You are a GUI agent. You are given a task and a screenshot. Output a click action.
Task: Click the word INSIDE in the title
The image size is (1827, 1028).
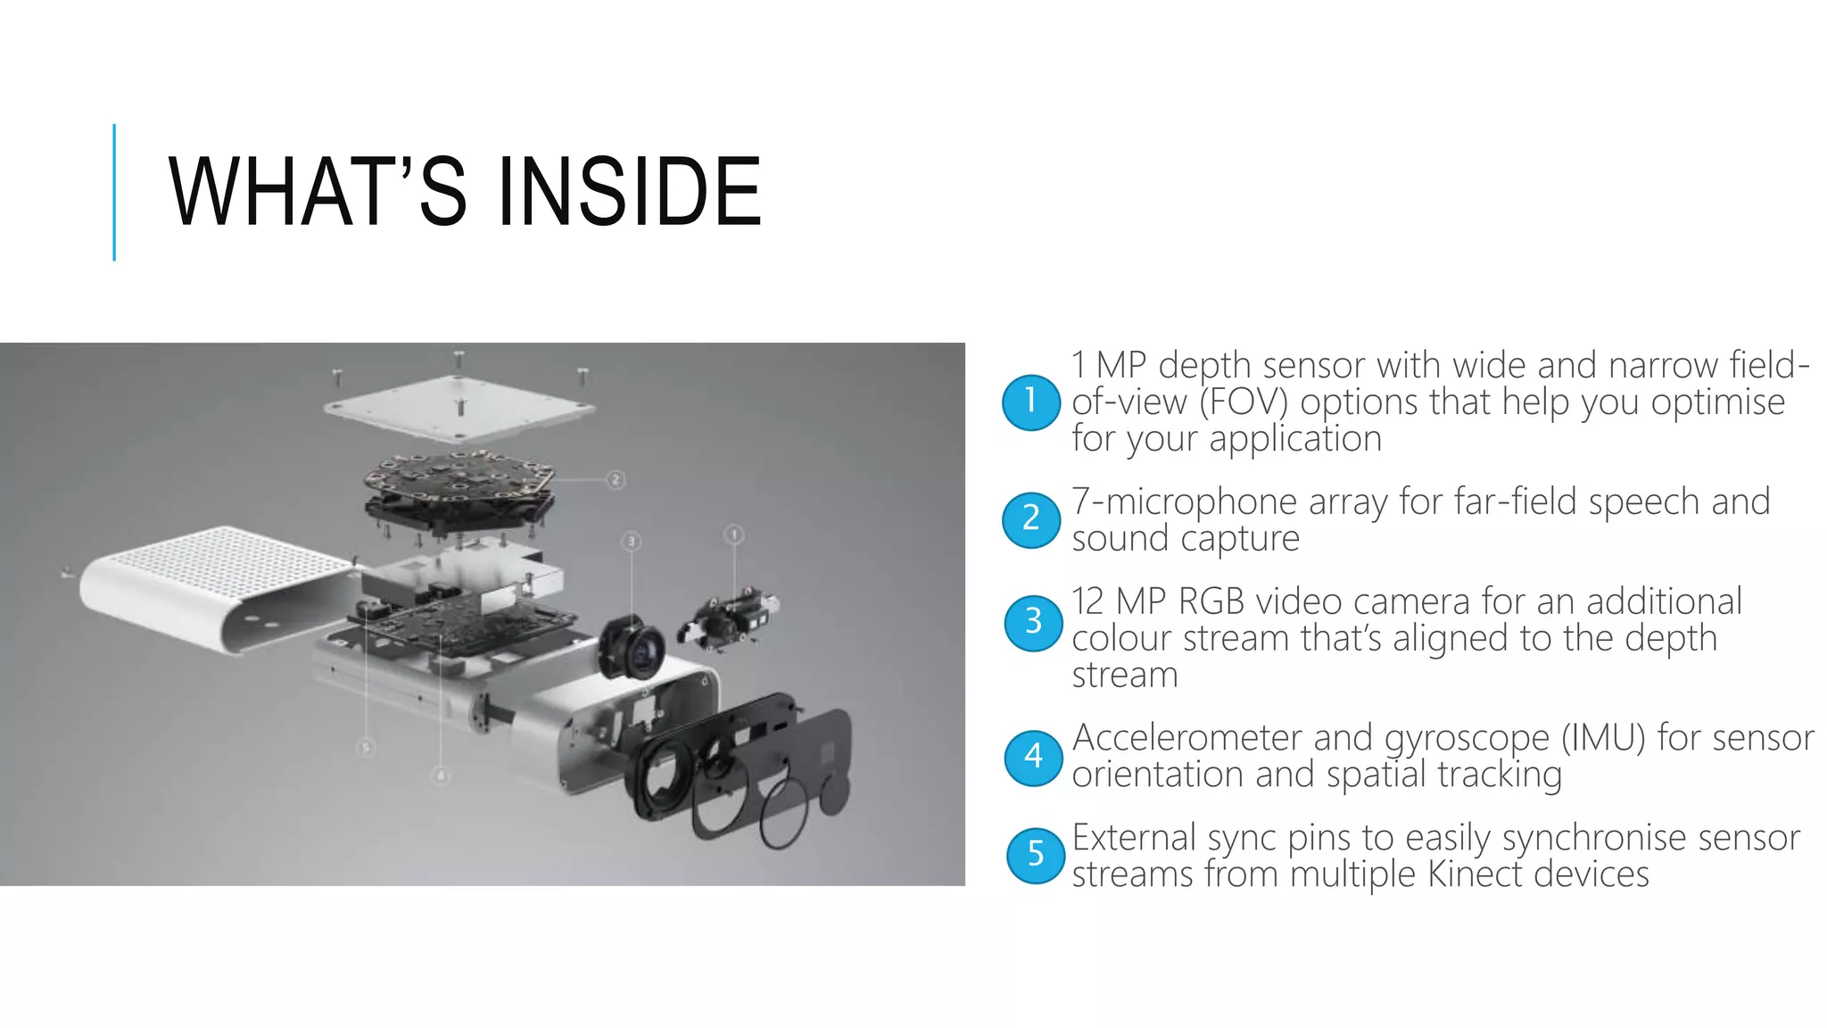click(628, 191)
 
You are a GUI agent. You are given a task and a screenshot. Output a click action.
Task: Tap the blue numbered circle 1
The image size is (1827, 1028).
click(1031, 402)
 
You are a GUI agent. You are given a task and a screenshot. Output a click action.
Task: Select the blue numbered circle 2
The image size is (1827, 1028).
click(1031, 519)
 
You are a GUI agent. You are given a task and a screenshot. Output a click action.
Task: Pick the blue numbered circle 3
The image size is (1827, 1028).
click(1033, 622)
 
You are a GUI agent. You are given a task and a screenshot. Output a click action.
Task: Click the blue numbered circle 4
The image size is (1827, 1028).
click(1033, 758)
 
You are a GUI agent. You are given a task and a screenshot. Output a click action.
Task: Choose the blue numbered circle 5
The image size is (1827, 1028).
click(1035, 855)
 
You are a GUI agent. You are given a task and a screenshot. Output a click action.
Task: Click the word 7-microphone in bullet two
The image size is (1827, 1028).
click(1184, 502)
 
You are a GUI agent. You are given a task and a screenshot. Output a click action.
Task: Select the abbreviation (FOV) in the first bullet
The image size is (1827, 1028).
click(1244, 402)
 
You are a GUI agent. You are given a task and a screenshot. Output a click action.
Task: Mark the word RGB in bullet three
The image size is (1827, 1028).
click(1211, 602)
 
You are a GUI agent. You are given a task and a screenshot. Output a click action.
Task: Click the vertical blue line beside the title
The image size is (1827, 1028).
click(114, 192)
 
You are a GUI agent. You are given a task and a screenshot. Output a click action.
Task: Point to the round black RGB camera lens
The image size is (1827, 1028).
click(634, 648)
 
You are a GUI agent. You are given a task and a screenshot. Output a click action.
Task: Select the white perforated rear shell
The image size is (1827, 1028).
click(214, 584)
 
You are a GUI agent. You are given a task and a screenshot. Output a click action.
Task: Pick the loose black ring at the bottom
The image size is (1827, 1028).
click(784, 813)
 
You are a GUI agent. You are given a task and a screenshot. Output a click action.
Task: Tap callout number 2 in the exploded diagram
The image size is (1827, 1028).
click(616, 480)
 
